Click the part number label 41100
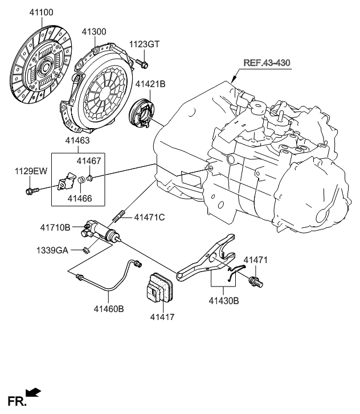point(40,12)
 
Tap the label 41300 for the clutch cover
point(94,32)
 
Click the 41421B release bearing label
point(150,85)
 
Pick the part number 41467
point(89,161)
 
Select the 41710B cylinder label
point(55,228)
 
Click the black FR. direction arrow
point(34,391)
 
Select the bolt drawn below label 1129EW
point(32,190)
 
